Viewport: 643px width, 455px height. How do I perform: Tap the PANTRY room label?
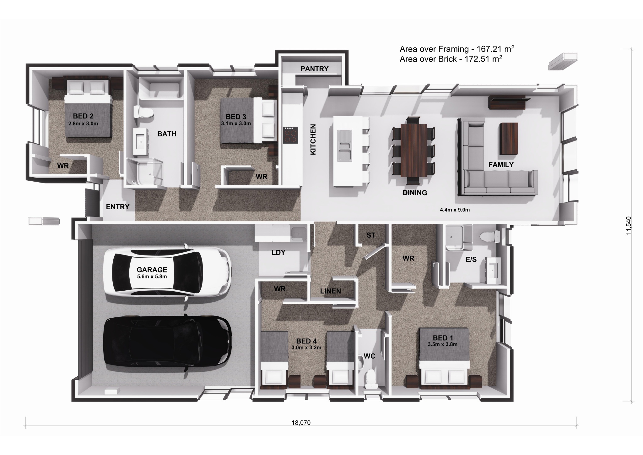tap(314, 69)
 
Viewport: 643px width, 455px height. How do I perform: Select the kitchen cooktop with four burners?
tap(291, 135)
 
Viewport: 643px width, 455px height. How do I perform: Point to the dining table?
tap(414, 150)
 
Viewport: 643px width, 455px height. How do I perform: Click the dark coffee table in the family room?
tap(508, 139)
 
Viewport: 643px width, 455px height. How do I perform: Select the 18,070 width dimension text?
tap(301, 423)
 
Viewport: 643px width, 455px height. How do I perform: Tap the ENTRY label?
tap(118, 207)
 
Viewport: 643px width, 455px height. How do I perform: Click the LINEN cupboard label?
tap(330, 291)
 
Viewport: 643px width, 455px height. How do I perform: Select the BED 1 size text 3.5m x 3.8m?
tap(442, 344)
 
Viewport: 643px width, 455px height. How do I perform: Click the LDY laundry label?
tap(278, 252)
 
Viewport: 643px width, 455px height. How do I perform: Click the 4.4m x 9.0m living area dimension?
tap(455, 210)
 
